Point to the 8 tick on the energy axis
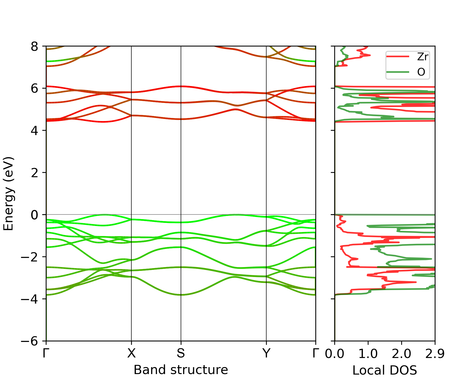[35, 46]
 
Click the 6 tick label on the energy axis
[35, 89]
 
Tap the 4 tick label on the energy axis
[35, 131]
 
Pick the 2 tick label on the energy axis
[35, 173]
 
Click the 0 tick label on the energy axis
[35, 215]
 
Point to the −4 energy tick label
[30, 299]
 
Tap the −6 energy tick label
[30, 341]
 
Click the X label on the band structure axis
[131, 353]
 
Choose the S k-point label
[181, 353]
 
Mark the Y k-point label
[266, 353]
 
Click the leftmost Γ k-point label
[46, 353]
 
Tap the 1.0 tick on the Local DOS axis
[368, 354]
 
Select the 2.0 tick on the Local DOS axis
[401, 354]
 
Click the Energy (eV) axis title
[8, 194]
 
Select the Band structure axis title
[181, 370]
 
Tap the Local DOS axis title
[385, 370]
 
